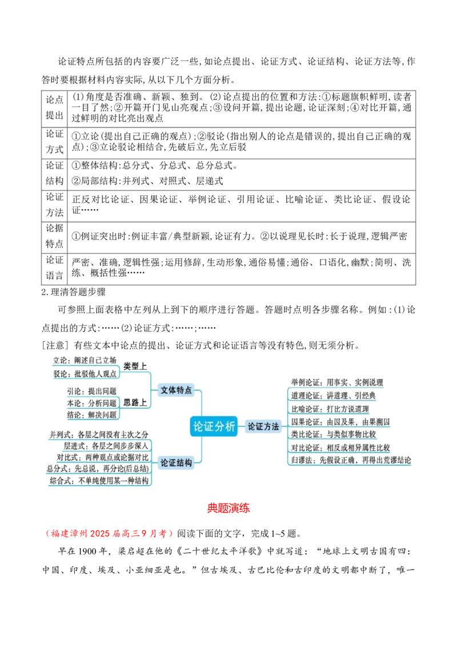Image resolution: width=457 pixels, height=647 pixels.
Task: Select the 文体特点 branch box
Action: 176,390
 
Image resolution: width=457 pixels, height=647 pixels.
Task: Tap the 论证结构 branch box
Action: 176,462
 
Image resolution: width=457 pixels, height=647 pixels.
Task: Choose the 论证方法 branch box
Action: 263,426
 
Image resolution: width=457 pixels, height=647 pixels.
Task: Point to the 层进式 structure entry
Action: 106,445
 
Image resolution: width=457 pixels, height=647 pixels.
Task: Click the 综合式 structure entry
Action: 100,481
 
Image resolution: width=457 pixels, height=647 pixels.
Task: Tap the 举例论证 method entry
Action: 336,382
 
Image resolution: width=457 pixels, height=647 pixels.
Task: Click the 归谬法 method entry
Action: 350,460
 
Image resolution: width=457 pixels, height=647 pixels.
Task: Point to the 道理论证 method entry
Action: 332,395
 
